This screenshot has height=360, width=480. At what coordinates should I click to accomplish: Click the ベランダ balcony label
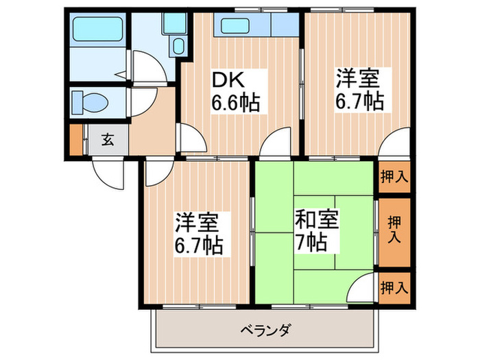coord(265,331)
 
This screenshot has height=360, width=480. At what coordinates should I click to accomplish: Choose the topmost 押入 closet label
coord(394,176)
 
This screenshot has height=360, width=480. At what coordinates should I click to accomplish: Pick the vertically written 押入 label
coord(394,229)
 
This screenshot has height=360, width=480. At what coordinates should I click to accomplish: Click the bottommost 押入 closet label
coord(394,287)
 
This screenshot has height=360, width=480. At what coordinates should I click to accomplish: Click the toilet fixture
coord(90,103)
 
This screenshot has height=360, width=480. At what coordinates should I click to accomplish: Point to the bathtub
coord(100,32)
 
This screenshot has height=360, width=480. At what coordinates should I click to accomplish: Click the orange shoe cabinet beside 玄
coord(75,140)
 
